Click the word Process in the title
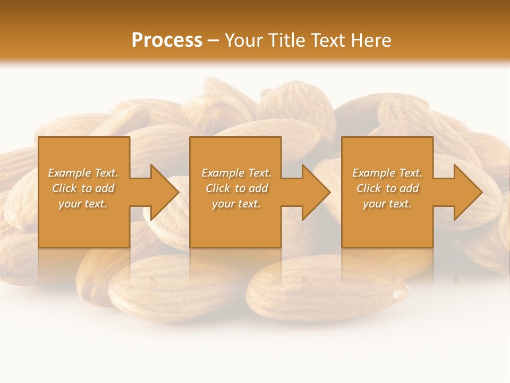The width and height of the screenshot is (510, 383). point(167,40)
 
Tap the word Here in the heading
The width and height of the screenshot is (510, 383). point(371,40)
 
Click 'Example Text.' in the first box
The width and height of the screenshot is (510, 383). point(83,173)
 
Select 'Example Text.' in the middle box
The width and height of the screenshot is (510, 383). point(236,173)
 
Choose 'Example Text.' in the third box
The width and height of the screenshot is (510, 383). point(387,173)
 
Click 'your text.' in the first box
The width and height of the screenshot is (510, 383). point(83,204)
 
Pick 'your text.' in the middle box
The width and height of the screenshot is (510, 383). point(236,204)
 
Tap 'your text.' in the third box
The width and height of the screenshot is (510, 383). point(387,204)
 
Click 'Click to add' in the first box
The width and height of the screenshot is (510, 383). point(83,188)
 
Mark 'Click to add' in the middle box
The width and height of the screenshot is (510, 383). point(236,188)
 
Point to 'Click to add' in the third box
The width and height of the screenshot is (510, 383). point(387,188)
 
